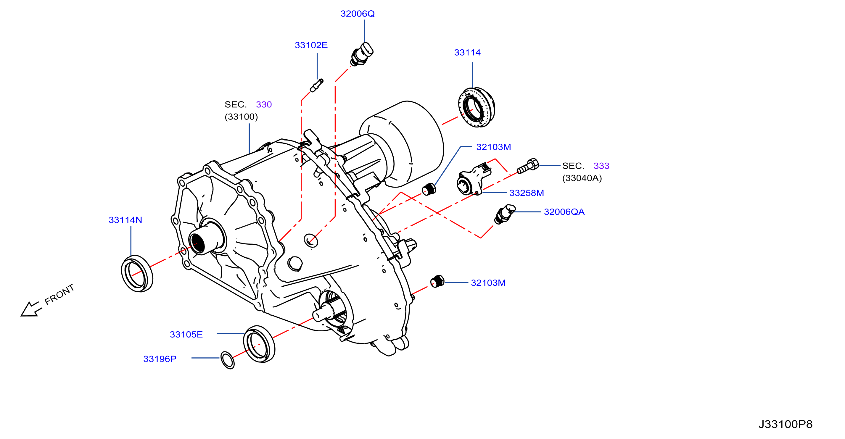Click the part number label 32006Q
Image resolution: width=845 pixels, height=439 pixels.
point(357,14)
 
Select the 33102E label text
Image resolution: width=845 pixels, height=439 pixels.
point(311,45)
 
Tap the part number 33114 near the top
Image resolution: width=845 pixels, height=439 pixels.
point(467,52)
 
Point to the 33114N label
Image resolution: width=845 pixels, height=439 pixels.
point(125,220)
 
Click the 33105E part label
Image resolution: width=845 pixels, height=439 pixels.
point(186,334)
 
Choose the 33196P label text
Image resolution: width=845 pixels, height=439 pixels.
point(160,359)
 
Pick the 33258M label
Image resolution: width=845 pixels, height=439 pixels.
point(527,193)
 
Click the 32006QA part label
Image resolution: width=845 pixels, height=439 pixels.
point(564,212)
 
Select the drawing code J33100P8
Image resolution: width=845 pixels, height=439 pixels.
point(785,424)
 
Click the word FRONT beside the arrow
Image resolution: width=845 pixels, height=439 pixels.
point(59,294)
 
